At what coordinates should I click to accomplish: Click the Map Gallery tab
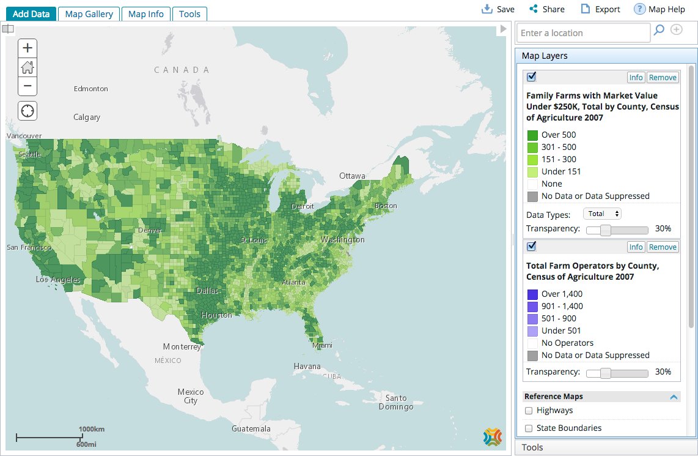coord(89,14)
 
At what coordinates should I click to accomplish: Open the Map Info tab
coord(146,14)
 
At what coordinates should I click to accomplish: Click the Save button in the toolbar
coord(498,9)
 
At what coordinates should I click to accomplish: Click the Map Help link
coord(659,9)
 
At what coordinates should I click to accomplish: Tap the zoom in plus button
coord(28,48)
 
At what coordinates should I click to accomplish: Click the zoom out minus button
coord(28,86)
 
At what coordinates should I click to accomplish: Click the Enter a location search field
coord(584,33)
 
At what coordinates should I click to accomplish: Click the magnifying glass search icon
coord(659,30)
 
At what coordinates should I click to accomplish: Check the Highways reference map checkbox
coord(529,411)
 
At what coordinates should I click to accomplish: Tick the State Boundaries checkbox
coord(529,428)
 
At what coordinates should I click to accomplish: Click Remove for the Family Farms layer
coord(663,78)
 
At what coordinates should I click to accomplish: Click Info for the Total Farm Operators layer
coord(636,247)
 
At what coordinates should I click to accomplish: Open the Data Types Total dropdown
coord(602,214)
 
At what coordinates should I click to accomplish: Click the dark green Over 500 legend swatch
coord(532,135)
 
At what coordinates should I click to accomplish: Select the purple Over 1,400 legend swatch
coord(532,294)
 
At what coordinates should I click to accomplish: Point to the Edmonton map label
coord(90,89)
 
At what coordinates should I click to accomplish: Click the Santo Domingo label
coord(392,403)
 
